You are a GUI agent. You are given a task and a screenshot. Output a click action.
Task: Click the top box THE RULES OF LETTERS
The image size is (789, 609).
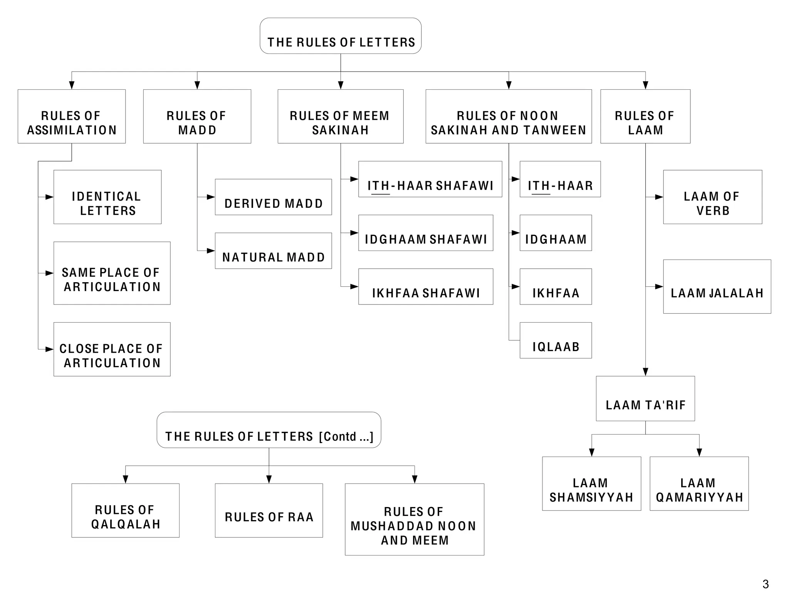click(x=340, y=36)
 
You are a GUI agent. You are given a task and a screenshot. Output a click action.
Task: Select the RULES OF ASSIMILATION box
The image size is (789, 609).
click(x=72, y=117)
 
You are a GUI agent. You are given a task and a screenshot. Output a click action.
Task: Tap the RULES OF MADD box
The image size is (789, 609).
click(x=197, y=117)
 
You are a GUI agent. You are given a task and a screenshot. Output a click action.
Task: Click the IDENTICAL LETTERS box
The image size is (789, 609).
click(x=107, y=197)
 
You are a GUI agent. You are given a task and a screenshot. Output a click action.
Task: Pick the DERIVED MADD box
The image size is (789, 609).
click(x=273, y=197)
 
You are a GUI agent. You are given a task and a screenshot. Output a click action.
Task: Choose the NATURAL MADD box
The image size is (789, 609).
click(x=273, y=251)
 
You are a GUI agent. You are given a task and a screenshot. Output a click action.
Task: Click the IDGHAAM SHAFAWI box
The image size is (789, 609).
click(x=425, y=233)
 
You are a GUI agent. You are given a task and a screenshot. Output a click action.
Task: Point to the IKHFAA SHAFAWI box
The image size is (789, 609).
click(x=425, y=287)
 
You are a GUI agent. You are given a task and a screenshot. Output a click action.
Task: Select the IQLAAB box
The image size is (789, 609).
click(x=556, y=341)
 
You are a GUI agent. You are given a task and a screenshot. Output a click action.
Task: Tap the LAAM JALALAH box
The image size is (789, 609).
click(x=717, y=287)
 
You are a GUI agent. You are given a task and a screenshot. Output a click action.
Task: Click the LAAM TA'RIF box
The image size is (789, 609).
click(x=645, y=399)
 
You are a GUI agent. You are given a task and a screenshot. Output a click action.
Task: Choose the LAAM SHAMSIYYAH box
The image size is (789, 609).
click(x=591, y=484)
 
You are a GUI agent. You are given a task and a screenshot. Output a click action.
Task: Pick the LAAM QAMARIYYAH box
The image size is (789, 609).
click(x=699, y=484)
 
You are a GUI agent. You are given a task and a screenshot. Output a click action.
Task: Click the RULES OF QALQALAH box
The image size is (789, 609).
click(x=125, y=511)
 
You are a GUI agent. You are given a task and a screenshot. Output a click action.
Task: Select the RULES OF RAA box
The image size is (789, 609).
click(x=269, y=511)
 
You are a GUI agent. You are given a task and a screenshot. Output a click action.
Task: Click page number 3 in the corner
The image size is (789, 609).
click(x=765, y=584)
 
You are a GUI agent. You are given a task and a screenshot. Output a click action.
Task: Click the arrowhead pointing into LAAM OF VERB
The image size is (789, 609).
click(x=659, y=197)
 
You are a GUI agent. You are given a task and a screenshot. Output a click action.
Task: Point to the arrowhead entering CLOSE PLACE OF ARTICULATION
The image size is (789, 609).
click(x=49, y=350)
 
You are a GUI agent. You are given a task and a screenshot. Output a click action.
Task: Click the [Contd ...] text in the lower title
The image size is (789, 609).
click(x=346, y=437)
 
